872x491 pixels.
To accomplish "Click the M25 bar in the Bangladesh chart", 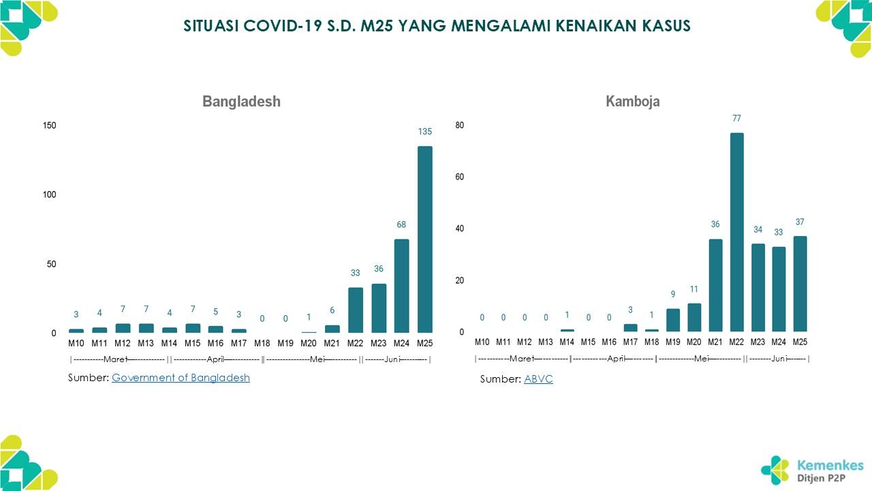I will tap(425, 239).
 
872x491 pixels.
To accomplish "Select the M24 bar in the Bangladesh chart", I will tap(402, 286).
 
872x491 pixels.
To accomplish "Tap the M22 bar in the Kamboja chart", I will tap(736, 233).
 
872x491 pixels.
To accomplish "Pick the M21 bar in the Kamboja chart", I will tap(715, 286).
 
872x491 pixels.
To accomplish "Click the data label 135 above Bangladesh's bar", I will tap(425, 132).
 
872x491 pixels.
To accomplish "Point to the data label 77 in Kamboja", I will tap(736, 118).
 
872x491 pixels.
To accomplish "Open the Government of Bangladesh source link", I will tap(181, 378).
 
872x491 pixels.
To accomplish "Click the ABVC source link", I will tap(538, 379).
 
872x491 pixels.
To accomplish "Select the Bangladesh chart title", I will tap(241, 102).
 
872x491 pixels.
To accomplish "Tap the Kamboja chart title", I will tap(632, 102).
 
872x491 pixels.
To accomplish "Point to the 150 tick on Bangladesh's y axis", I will tap(49, 125).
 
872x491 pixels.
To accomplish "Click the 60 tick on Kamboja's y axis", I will tap(460, 177).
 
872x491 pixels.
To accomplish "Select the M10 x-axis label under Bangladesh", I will tap(76, 342).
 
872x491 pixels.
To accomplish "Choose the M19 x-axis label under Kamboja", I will tap(672, 342).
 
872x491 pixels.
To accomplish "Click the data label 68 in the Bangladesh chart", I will tap(402, 225).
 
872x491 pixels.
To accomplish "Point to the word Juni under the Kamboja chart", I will tap(779, 358).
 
